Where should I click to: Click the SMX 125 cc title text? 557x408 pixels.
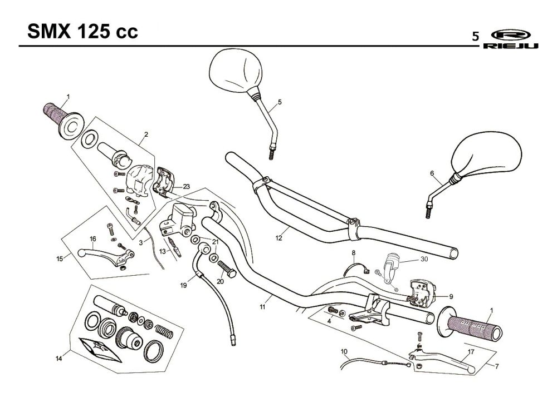82,32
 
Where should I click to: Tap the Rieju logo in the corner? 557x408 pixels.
510,39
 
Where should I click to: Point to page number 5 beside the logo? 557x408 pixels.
475,37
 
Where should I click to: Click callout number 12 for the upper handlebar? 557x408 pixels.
279,238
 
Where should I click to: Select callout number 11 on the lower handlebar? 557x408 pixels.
262,307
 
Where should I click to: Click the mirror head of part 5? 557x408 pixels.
236,71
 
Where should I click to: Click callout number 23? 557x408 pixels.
187,186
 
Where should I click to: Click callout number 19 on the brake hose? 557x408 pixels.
183,285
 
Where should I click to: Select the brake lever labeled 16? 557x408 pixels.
105,256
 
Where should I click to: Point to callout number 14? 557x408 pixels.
58,359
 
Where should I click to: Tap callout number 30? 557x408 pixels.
424,259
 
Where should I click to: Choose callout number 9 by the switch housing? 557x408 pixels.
451,297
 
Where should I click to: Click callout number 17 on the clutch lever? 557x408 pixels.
471,352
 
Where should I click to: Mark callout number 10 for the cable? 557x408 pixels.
344,352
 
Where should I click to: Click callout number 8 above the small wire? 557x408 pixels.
354,253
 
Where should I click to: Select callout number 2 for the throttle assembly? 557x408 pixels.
146,135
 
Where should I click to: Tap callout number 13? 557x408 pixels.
162,251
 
